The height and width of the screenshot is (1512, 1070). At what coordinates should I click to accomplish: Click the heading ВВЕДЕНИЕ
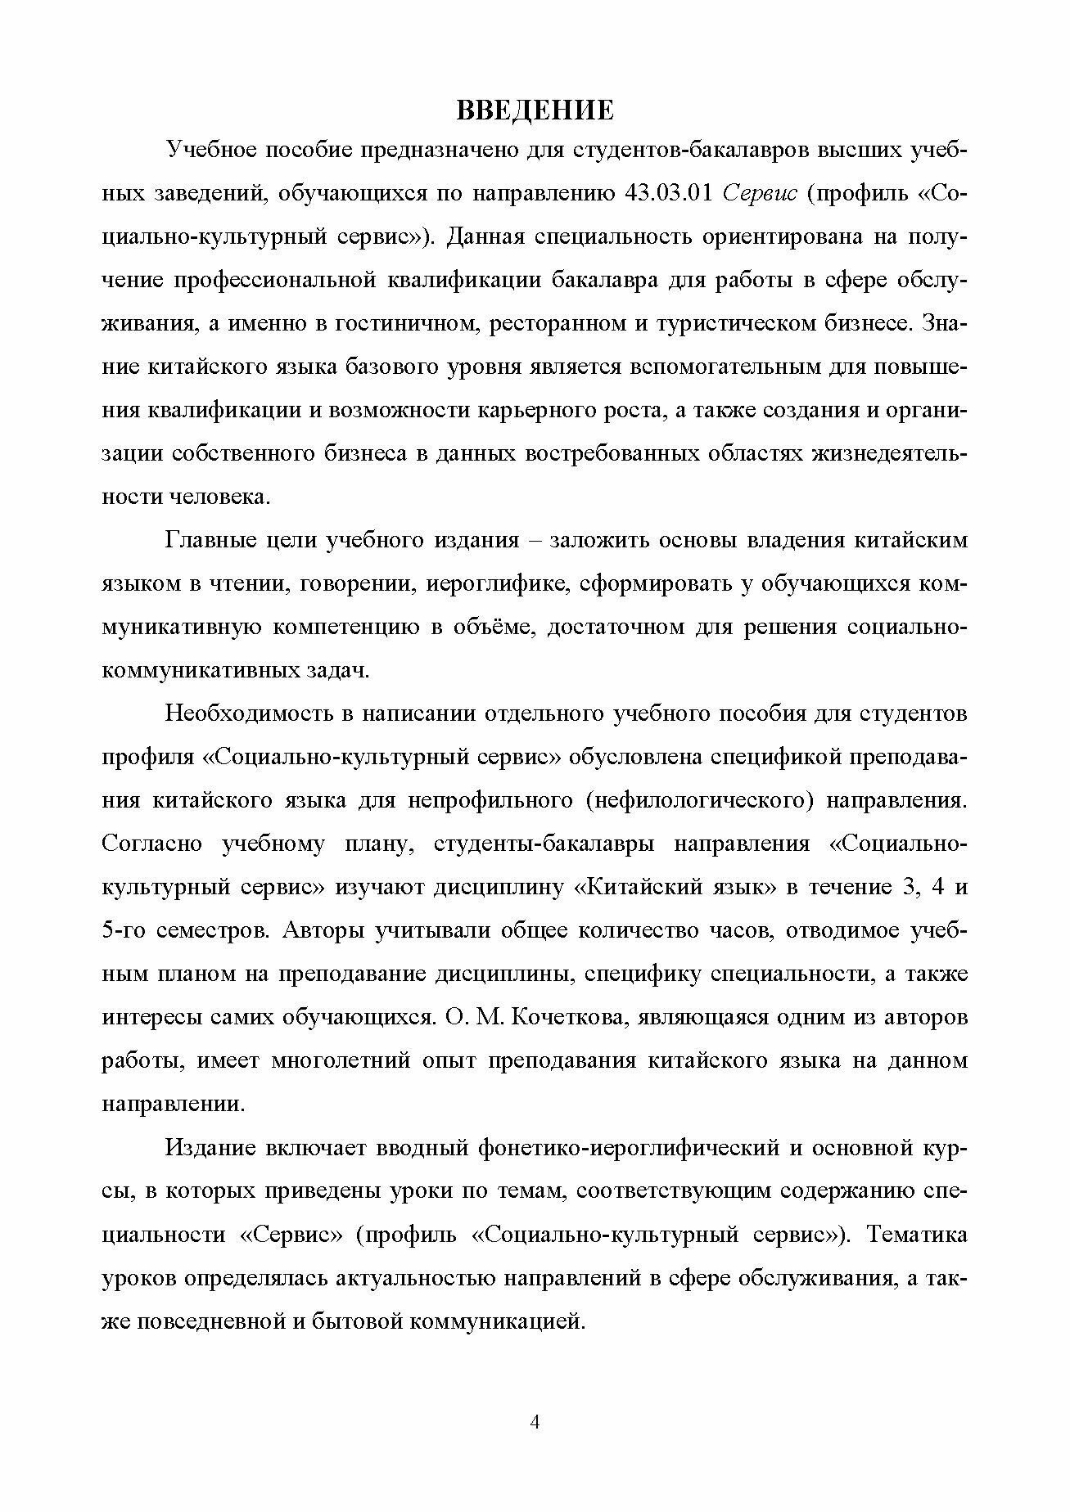click(534, 110)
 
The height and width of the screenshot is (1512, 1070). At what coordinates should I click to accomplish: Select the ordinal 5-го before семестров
click(124, 930)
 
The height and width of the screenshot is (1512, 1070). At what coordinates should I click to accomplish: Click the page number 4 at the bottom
click(535, 1422)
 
